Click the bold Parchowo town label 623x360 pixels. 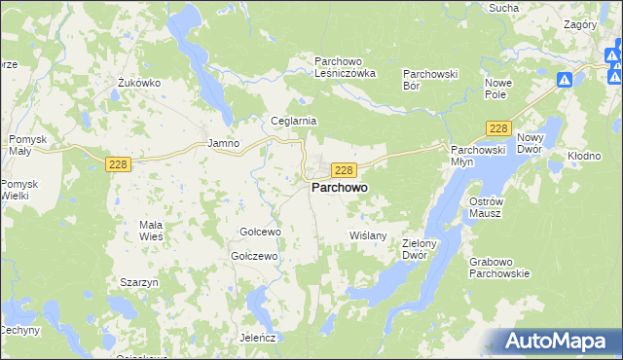pos(339,190)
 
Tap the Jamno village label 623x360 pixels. pos(224,143)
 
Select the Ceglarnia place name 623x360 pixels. pos(294,121)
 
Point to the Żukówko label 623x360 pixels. pos(138,83)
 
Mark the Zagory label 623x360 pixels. pos(580,23)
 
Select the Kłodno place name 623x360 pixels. pos(586,156)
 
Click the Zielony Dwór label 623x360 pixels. pos(421,249)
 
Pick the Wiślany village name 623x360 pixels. pos(368,235)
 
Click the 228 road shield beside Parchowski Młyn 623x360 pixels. pos(499,129)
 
